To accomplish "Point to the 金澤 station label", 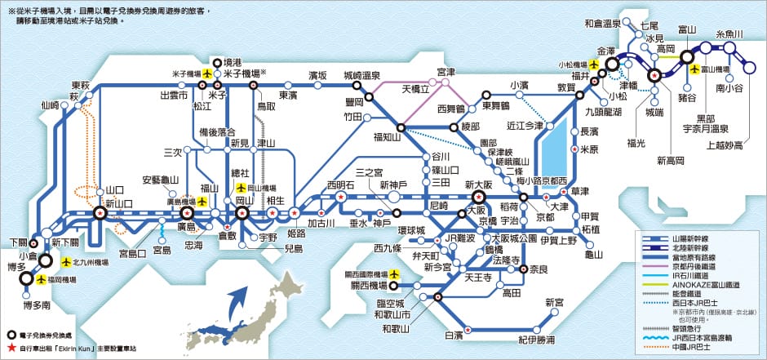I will click(x=606, y=50).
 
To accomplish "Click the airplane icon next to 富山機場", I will click(x=695, y=69).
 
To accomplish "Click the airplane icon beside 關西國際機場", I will click(x=397, y=274).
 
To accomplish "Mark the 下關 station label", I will click(x=18, y=242).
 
